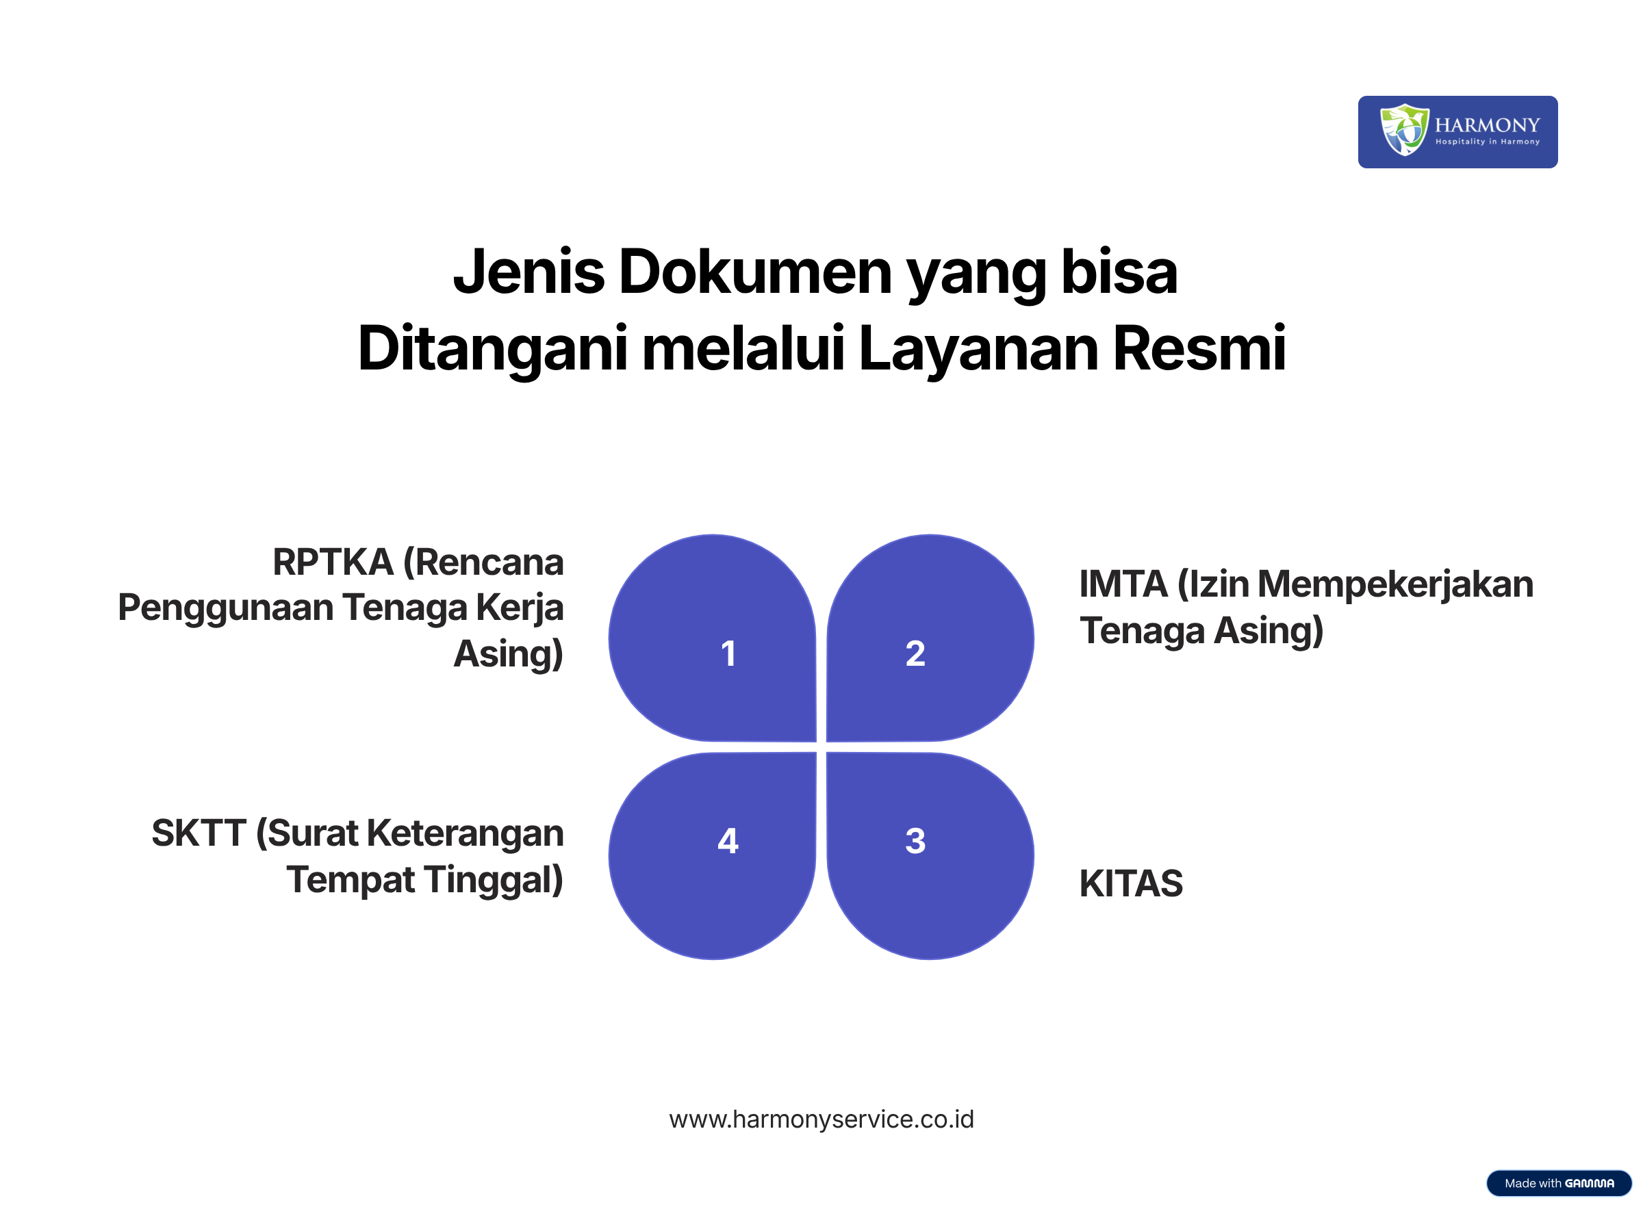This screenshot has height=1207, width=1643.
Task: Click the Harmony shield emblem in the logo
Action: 1403,129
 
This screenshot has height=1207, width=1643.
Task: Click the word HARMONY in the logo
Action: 1487,125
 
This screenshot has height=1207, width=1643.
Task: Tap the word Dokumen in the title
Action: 756,272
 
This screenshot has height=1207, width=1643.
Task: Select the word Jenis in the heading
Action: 528,272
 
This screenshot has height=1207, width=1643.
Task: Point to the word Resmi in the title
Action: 1199,348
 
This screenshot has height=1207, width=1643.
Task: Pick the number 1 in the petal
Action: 728,653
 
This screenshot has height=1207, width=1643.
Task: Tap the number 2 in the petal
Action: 915,653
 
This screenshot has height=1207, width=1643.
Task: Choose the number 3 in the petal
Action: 915,840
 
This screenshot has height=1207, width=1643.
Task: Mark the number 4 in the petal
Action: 728,840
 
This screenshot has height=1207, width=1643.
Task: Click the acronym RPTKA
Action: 333,562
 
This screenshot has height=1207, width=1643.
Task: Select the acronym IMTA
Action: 1123,584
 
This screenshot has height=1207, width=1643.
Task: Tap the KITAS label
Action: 1131,883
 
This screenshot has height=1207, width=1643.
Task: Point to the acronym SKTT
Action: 199,833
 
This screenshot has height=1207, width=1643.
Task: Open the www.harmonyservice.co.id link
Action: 821,1119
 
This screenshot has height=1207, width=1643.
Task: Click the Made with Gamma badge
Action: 1559,1183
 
